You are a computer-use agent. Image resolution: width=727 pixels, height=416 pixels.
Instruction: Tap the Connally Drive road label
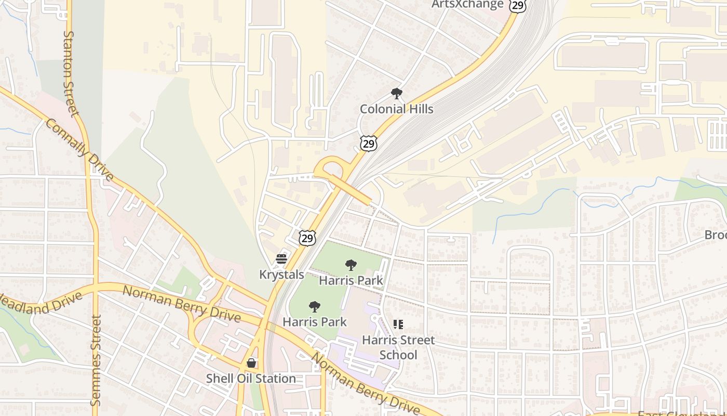pos(79,150)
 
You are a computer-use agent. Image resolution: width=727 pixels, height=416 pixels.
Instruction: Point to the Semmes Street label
pos(96,360)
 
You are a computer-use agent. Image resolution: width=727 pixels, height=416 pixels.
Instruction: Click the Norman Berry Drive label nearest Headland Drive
pos(182,304)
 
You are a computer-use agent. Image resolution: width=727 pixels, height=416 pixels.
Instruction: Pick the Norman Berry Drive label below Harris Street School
pos(365,383)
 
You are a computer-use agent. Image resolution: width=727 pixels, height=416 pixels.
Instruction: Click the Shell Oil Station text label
pos(251,378)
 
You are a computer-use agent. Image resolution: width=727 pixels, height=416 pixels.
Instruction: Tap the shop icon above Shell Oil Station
pos(251,363)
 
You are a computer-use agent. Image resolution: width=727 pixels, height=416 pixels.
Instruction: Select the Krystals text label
pos(281,274)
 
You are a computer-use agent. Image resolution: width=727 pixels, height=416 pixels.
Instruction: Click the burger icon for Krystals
pos(281,259)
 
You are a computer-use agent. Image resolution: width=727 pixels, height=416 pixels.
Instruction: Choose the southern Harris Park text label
pos(315,322)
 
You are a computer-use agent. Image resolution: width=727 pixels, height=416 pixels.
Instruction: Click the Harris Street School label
pos(398,347)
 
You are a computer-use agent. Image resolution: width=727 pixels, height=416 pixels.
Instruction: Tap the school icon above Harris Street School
pos(398,325)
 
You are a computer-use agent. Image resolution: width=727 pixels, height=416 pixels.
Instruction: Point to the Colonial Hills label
pos(396,109)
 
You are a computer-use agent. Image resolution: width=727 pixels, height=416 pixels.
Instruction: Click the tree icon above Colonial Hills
pos(397,94)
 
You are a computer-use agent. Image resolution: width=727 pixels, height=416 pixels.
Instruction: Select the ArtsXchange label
pos(467,5)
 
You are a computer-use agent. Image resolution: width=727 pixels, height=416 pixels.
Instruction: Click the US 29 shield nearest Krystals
pos(307,238)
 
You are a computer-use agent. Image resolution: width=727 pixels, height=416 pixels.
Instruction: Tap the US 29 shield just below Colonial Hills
pos(368,144)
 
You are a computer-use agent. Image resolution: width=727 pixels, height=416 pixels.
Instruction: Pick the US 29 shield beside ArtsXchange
pos(518,5)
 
